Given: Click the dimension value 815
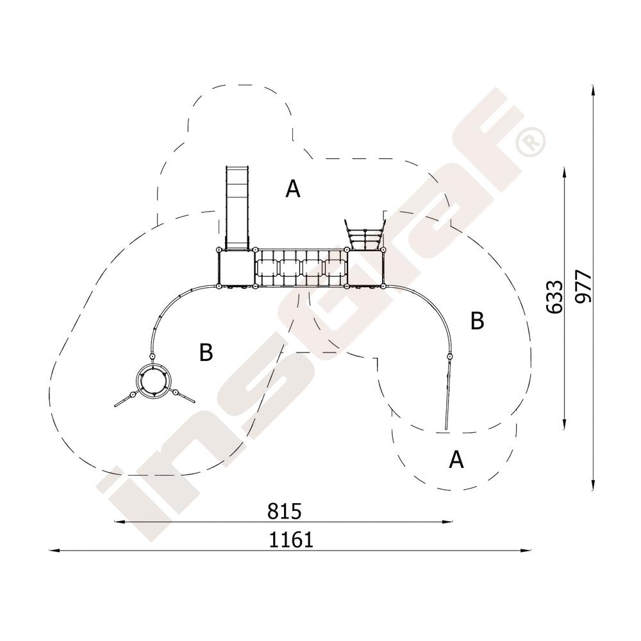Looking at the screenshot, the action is pos(285,511).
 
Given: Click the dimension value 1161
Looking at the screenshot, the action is pos(291,540).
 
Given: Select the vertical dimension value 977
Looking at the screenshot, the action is pos(583,287).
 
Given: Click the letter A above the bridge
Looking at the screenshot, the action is pos(293,189).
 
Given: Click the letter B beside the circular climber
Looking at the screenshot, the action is pos(206,352).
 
